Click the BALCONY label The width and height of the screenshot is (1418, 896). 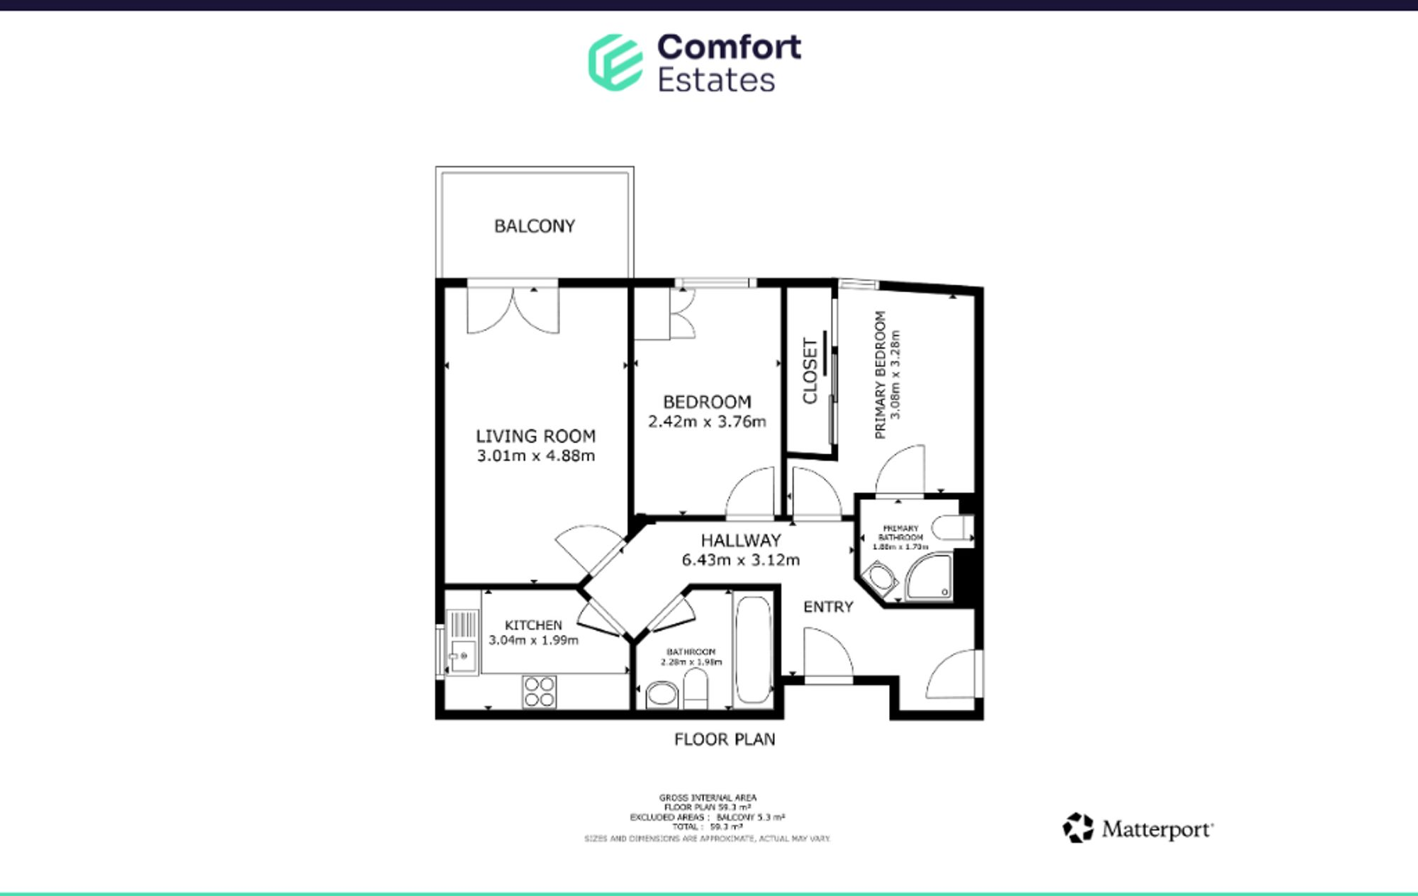535,226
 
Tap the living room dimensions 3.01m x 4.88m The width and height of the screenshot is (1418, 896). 535,456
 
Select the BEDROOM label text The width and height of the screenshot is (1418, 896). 707,402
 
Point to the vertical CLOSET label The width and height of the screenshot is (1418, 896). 810,370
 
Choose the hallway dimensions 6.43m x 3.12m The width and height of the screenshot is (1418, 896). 740,560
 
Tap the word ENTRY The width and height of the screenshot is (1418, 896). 827,607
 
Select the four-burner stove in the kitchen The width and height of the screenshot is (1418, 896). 539,692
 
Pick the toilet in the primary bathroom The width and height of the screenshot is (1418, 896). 950,528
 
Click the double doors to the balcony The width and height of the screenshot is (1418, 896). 513,309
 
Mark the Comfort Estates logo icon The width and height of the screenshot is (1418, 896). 615,62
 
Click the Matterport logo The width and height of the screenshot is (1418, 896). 1138,828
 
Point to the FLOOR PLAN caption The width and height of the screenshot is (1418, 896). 724,739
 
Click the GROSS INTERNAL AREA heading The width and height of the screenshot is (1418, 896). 707,797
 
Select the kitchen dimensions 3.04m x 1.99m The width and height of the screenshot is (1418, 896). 533,640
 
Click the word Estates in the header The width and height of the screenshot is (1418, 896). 716,80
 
